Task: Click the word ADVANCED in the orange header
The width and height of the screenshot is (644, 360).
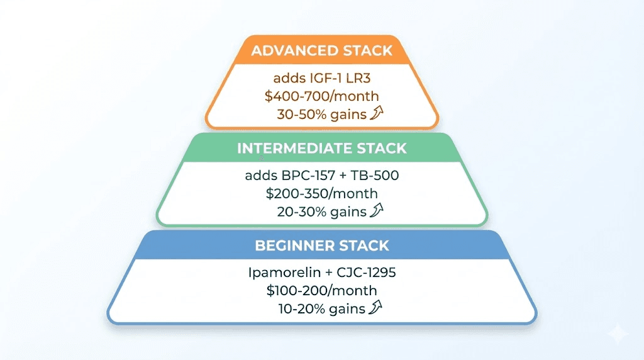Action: pos(296,50)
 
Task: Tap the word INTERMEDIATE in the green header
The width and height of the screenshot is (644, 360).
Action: pos(294,149)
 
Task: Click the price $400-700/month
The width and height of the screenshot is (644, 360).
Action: pos(321,96)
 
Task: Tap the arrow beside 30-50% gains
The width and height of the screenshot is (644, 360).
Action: pos(377,113)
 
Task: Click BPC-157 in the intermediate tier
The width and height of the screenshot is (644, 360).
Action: pos(308,176)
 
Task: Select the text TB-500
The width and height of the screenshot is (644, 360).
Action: pos(375,176)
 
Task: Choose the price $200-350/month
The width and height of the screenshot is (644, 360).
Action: pos(321,194)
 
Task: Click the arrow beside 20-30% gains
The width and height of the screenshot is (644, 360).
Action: pos(377,210)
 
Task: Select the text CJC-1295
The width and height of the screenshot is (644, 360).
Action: pos(367,273)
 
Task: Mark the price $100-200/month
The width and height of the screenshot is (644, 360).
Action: pos(321,291)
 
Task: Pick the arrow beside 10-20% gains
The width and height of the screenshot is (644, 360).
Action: pos(375,307)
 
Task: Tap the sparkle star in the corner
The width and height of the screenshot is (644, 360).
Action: pos(618,334)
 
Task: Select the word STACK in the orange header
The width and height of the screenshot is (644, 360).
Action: pos(368,50)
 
